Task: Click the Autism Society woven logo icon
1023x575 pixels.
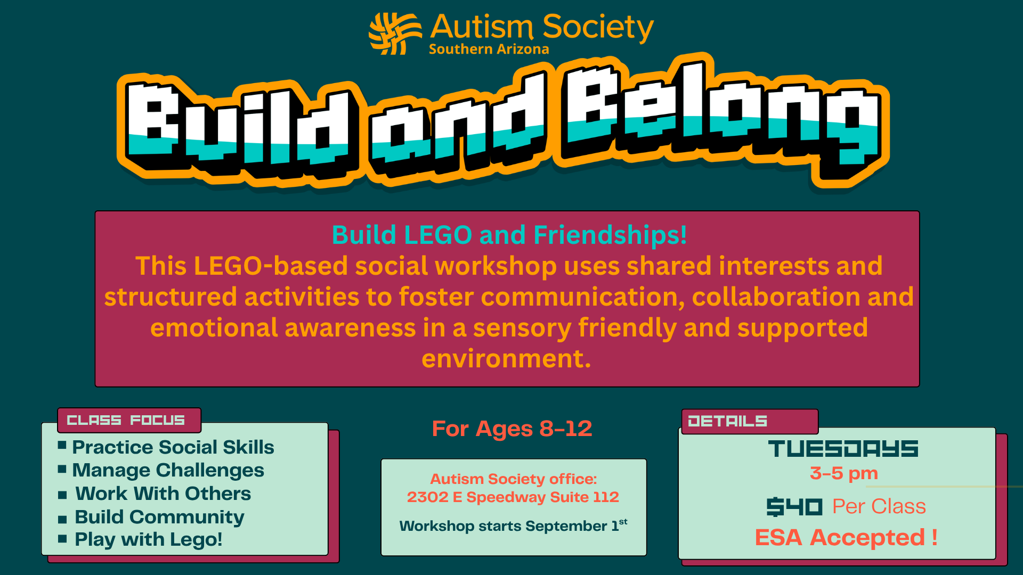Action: (395, 34)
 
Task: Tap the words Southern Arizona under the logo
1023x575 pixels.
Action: (489, 50)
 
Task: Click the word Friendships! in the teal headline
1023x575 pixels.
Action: (610, 235)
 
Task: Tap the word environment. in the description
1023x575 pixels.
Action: (506, 359)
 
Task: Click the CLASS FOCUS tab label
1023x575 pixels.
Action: (126, 421)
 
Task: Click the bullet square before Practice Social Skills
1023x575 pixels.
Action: (62, 445)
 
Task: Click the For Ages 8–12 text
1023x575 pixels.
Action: (512, 429)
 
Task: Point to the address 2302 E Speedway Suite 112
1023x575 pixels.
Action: (513, 497)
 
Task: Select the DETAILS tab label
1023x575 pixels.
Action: (727, 422)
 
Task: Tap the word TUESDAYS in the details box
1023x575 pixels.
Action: (843, 449)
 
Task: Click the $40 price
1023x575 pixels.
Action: (794, 507)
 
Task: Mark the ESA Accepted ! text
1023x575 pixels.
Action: (846, 538)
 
